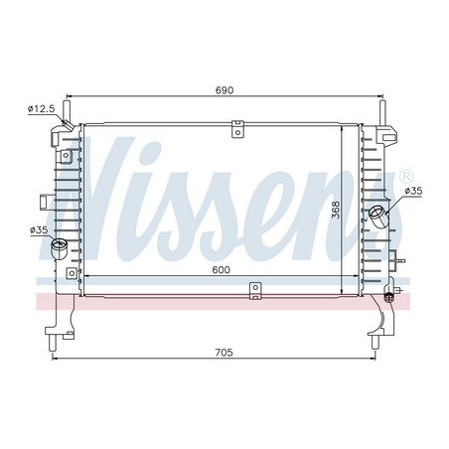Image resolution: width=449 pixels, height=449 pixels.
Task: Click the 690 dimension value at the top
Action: pos(224,90)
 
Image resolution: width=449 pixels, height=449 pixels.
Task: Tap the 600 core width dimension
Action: pos(221,266)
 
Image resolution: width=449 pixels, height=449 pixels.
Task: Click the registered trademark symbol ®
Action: pos(405,177)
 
